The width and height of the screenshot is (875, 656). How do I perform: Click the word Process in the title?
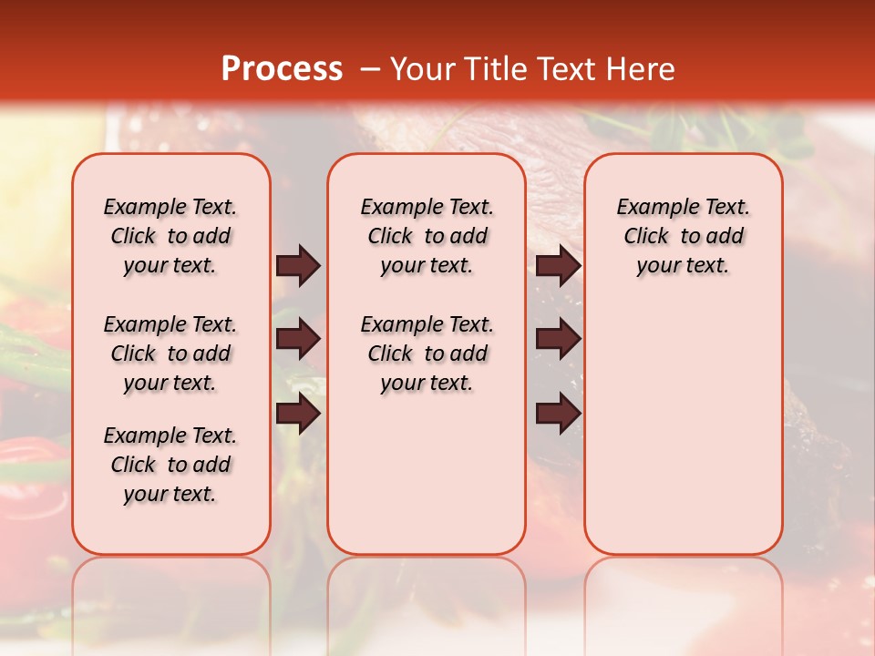pos(282,69)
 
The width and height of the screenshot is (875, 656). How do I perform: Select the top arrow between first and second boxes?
pos(298,266)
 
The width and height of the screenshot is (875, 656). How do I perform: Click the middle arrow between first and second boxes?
pos(298,340)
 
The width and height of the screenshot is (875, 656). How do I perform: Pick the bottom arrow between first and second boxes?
pos(298,414)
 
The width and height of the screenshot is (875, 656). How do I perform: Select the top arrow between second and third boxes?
pos(558,266)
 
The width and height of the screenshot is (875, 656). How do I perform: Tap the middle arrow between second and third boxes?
pos(558,340)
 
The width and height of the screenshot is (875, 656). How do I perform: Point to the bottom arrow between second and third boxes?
pos(558,414)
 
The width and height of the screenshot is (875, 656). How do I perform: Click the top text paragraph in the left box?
pos(170,237)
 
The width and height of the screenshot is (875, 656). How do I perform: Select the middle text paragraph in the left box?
pos(170,354)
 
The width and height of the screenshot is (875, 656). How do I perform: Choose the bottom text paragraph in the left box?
pos(170,465)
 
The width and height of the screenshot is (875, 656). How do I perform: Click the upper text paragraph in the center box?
pos(427,237)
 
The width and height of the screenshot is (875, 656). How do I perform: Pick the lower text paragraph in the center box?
pos(427,354)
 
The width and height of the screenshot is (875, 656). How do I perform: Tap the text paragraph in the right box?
pos(683,237)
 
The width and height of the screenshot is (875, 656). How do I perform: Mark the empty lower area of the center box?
pos(427,474)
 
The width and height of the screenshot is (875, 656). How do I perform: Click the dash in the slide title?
pos(369,69)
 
